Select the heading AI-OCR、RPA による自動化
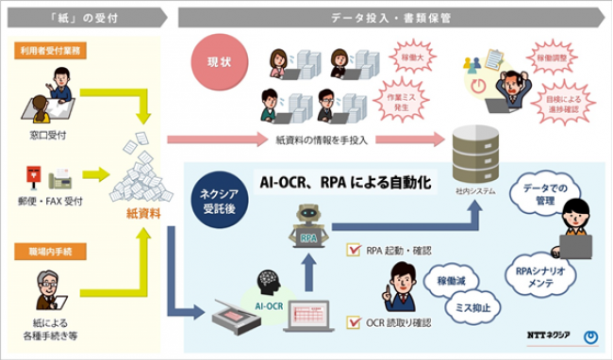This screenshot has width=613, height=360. [345, 180]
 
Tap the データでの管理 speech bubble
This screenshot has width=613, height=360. [545, 195]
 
